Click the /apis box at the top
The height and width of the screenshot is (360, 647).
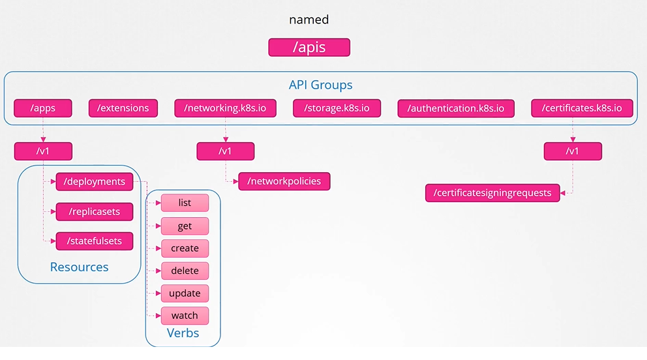(309, 47)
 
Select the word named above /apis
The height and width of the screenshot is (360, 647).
(309, 20)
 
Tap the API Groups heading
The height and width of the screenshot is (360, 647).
(320, 85)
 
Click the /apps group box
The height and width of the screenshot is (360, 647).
(43, 108)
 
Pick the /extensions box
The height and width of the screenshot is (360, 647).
(123, 108)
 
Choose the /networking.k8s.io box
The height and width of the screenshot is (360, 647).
(225, 108)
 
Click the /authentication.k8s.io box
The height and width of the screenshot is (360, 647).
(456, 108)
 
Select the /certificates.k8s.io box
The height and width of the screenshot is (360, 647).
(582, 108)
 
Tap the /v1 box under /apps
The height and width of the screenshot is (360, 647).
(43, 151)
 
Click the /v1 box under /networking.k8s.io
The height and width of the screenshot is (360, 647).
(225, 151)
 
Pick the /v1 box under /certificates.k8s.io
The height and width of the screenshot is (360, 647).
(573, 151)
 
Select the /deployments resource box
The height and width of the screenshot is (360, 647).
(95, 181)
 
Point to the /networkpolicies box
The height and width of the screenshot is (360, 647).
(284, 181)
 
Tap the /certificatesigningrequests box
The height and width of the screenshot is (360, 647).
(492, 193)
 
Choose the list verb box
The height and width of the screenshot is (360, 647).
(185, 203)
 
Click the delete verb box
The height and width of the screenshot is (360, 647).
(185, 271)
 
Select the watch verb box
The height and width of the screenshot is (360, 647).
(185, 316)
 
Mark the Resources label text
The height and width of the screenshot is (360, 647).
(79, 267)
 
